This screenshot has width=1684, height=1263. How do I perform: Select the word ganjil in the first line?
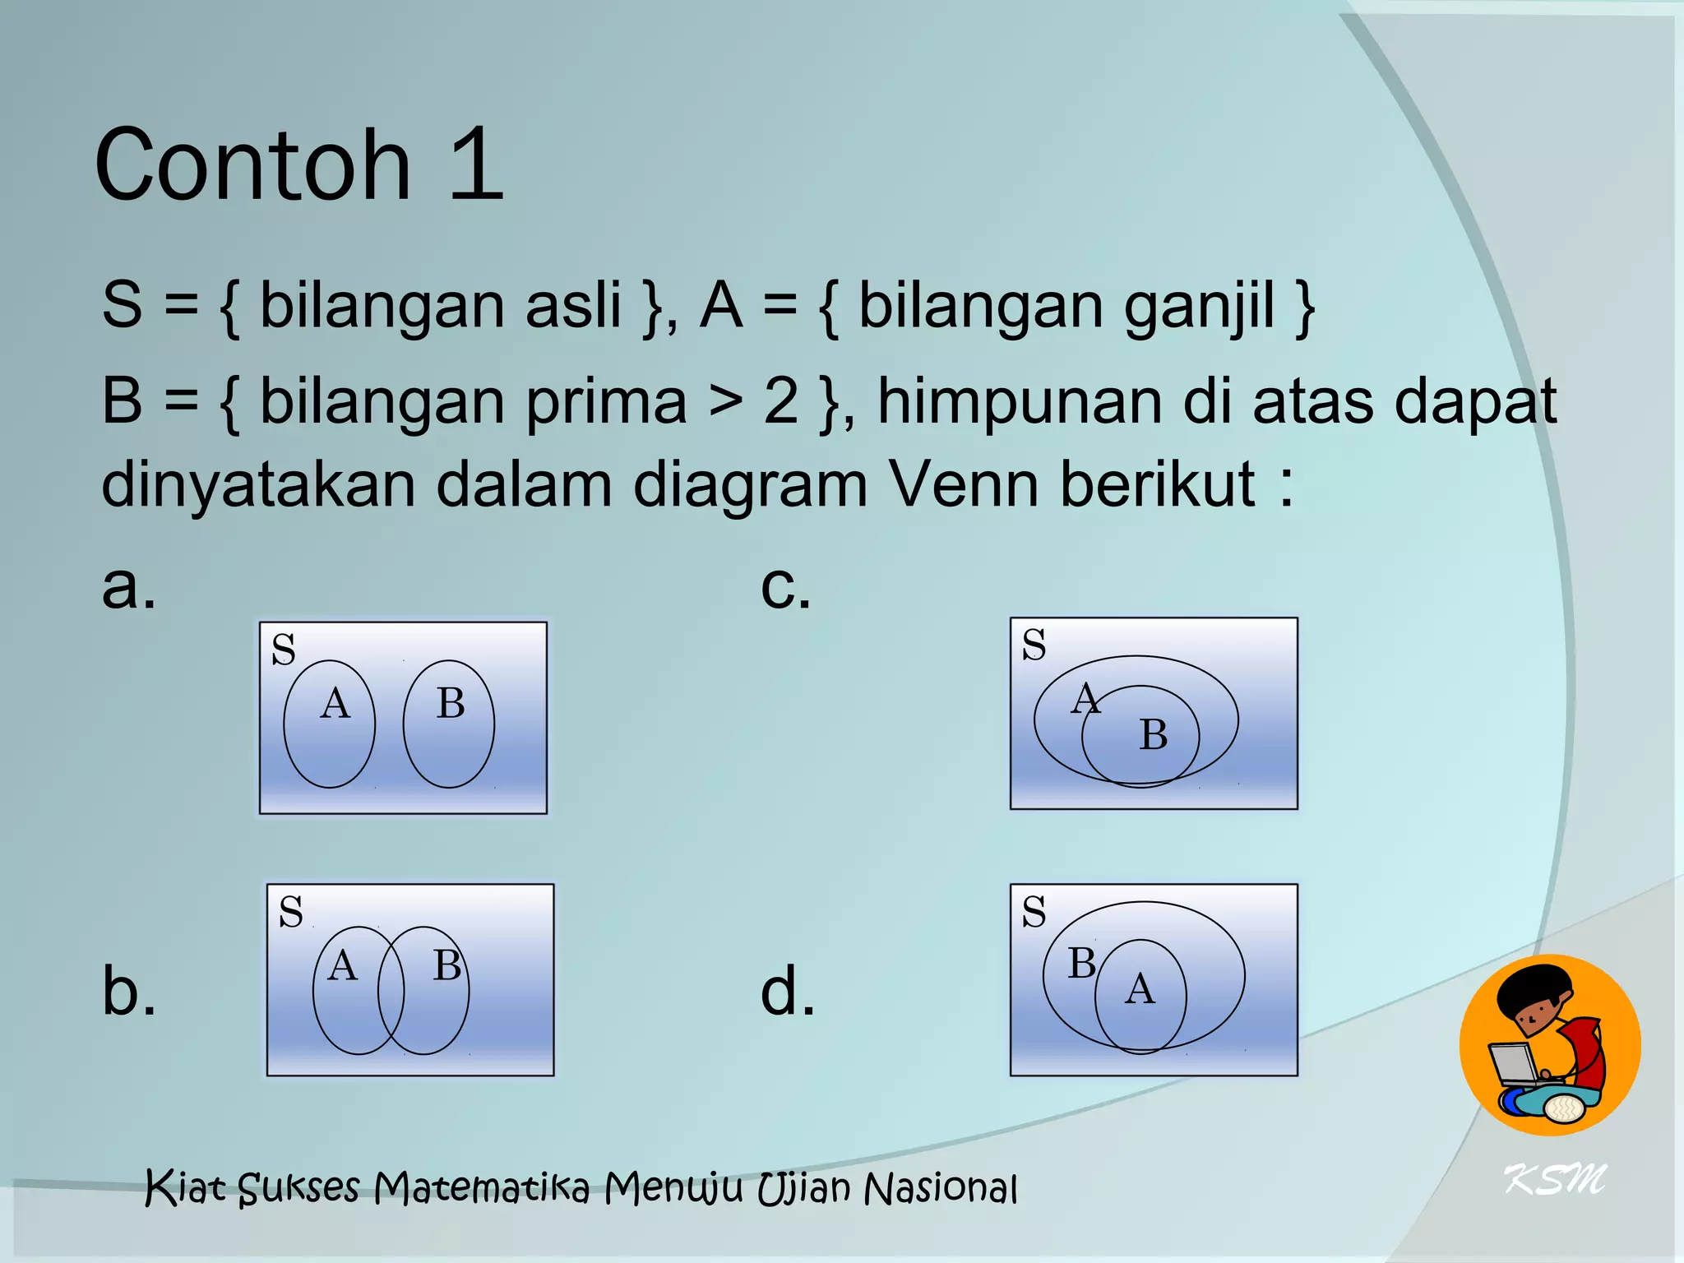(1200, 306)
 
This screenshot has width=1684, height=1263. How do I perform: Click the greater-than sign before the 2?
(724, 403)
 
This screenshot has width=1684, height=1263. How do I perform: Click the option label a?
(128, 586)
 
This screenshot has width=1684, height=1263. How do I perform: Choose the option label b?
(128, 990)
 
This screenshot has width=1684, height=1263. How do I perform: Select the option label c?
(785, 586)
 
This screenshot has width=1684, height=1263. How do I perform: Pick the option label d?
(787, 990)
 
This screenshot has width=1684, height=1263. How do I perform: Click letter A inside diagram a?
(335, 704)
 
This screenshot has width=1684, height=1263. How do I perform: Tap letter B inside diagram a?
(451, 704)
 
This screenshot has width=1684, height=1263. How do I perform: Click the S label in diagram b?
(291, 912)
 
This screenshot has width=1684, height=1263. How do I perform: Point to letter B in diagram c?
(1153, 734)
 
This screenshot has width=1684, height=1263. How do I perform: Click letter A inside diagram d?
(1140, 988)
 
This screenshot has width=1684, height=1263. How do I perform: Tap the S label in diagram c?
(1034, 645)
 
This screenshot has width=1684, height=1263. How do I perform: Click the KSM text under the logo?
(1554, 1180)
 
